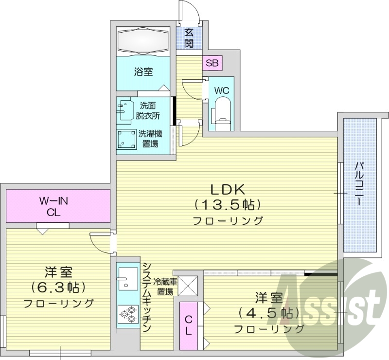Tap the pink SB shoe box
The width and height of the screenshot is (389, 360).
click(x=212, y=63)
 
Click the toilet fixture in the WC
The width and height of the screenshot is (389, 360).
click(x=221, y=111)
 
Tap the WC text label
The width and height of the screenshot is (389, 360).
click(x=221, y=90)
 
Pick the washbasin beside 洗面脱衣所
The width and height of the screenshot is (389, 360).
click(x=125, y=110)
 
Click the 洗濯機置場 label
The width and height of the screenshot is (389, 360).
click(x=150, y=138)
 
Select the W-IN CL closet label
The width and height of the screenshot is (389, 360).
click(x=57, y=206)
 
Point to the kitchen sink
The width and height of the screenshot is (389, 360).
click(x=127, y=278)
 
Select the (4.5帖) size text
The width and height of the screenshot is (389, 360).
click(x=269, y=312)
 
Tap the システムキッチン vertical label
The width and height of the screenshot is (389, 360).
click(x=146, y=297)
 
